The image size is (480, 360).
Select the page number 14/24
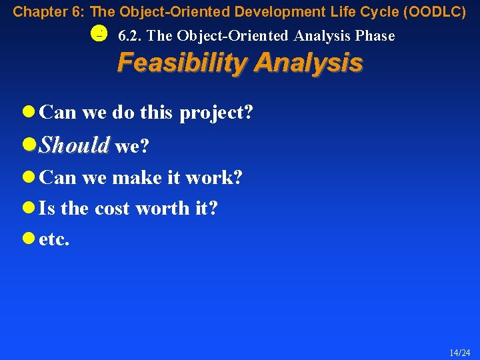click(x=459, y=352)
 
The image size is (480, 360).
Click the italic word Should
click(x=74, y=145)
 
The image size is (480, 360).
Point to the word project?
click(x=216, y=113)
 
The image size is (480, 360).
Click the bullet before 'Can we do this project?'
click(x=29, y=112)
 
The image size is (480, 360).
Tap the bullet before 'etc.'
click(x=29, y=239)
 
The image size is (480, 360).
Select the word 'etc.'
click(x=54, y=239)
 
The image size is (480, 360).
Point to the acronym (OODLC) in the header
click(x=433, y=11)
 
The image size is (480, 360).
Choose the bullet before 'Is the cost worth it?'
click(x=29, y=208)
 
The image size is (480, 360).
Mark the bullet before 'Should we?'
click(x=29, y=145)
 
